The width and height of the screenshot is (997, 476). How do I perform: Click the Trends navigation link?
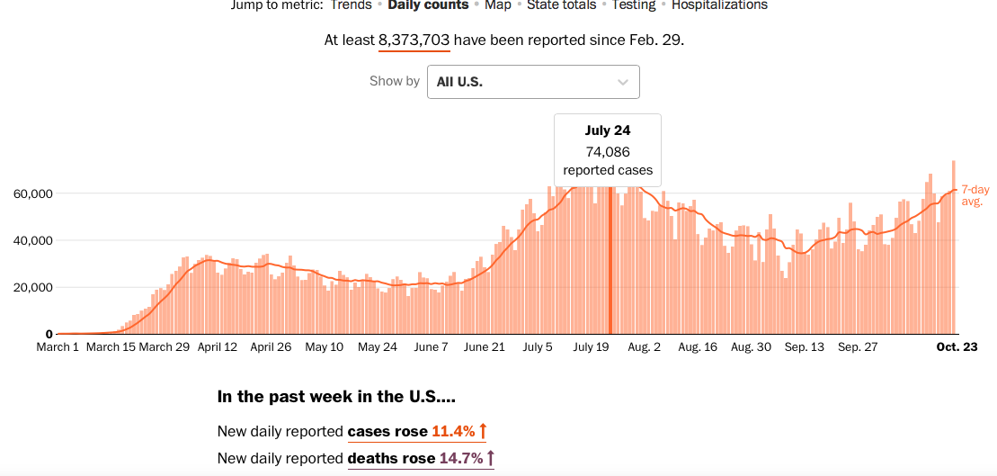351,5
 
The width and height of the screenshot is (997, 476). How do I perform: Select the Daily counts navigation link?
428,5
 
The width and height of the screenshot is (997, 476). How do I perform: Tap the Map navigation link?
497,5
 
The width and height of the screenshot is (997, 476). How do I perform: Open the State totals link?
561,5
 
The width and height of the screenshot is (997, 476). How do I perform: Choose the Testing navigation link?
634,5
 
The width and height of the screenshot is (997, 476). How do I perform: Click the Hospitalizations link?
719,5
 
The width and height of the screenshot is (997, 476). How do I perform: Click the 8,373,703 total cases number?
414,40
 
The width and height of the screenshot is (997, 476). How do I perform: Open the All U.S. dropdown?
533,82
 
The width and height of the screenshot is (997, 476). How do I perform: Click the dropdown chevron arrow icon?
623,82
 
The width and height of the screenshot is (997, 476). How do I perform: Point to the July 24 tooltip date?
608,131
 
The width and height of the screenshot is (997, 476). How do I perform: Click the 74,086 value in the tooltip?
608,151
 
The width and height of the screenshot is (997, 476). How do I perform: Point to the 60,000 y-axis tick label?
34,193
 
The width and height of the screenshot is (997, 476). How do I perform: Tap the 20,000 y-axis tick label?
34,288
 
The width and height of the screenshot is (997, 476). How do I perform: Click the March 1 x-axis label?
58,347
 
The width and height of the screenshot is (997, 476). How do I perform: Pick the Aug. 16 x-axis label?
698,347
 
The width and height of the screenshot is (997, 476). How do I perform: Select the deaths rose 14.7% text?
421,459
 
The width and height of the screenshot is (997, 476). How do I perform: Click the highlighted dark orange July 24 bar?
610,261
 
